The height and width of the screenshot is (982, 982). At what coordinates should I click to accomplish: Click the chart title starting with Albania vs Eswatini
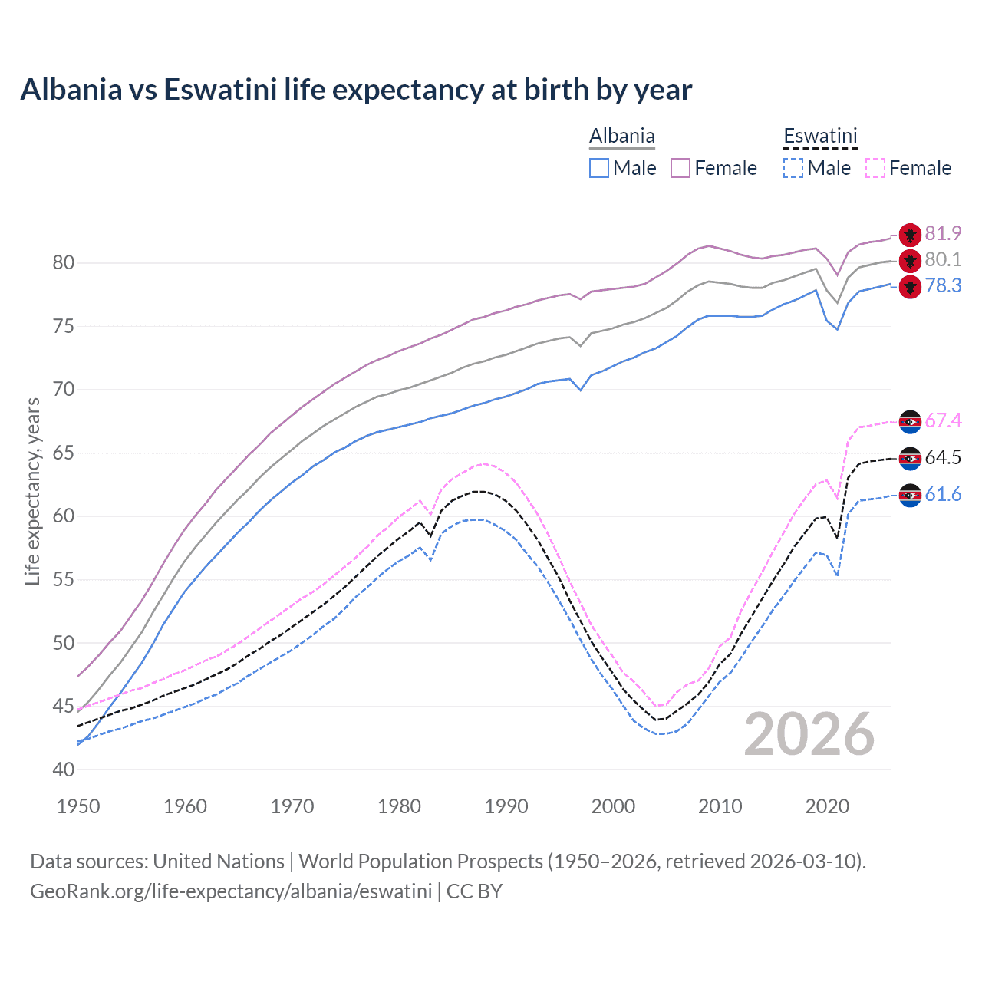[x=356, y=90]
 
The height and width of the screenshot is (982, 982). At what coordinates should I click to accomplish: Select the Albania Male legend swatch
[x=599, y=168]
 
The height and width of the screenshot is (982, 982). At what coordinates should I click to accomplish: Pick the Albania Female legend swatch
[x=680, y=168]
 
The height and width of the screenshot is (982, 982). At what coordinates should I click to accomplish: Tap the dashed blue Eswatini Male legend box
[x=793, y=168]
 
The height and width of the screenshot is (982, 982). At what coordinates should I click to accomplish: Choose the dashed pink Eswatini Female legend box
[x=875, y=168]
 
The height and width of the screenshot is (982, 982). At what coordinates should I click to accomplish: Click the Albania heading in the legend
[x=621, y=137]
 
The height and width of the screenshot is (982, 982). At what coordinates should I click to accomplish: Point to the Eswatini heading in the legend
[x=819, y=137]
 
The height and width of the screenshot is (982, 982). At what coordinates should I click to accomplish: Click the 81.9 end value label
[x=943, y=233]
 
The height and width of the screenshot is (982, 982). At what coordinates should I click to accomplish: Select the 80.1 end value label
[x=943, y=260]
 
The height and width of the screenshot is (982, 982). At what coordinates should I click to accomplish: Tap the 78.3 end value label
[x=943, y=286]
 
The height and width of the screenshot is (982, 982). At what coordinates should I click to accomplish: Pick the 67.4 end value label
[x=943, y=420]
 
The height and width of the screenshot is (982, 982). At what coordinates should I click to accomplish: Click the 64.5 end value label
[x=943, y=458]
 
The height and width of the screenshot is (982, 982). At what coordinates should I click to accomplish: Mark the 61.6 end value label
[x=943, y=495]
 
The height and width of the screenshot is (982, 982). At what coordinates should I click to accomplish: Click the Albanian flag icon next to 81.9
[x=910, y=235]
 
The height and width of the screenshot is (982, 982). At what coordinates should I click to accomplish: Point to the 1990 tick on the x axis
[x=506, y=806]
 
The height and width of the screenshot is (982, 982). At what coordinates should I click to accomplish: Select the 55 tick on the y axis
[x=64, y=580]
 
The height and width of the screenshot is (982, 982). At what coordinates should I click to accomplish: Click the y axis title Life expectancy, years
[x=33, y=491]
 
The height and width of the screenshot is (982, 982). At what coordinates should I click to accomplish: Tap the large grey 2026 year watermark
[x=809, y=734]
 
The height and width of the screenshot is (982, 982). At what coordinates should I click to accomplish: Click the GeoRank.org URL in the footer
[x=231, y=891]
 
